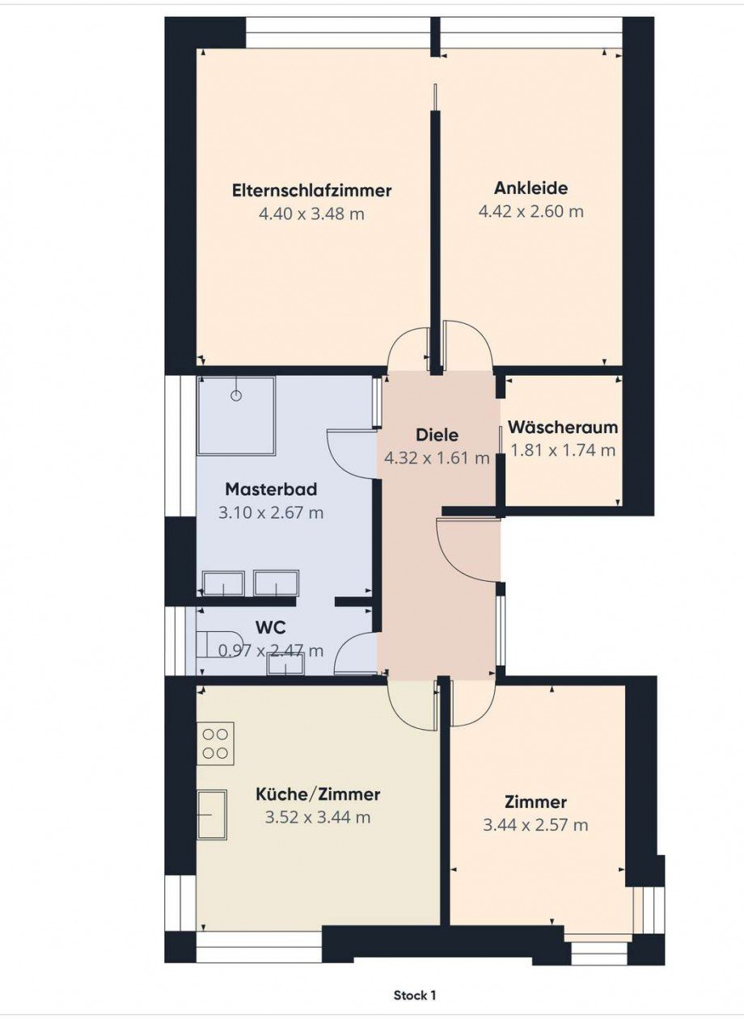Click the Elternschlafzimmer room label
pos(311,190)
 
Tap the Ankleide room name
pos(531,187)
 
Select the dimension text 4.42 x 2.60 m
pos(531,211)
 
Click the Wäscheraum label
pos(563,427)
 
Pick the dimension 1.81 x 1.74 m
pos(563,450)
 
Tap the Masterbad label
pos(271,490)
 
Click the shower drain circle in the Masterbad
pos(236,395)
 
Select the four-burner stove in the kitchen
pos(215,743)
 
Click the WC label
pos(271,628)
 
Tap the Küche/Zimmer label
pos(318,794)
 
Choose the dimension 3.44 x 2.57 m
pos(535,824)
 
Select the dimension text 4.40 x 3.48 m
pos(311,213)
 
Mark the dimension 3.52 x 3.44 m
pos(318,818)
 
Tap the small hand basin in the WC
pos(287,663)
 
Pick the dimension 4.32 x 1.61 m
pos(438,458)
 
